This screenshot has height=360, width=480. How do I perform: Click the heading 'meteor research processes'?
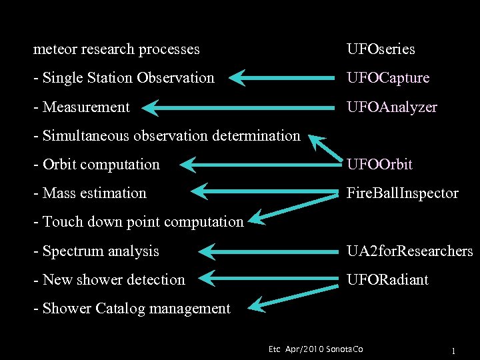(117, 49)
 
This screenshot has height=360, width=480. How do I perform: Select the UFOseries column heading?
(381, 49)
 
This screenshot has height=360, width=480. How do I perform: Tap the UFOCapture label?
(388, 78)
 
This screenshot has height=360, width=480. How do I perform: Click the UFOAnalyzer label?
(392, 107)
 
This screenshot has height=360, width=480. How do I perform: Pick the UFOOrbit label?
(380, 164)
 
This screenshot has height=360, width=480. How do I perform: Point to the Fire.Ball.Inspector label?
(403, 193)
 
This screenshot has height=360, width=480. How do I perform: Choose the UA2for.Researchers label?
(409, 251)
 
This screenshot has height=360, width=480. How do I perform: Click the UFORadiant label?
(387, 280)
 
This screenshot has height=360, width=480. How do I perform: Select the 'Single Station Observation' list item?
(124, 78)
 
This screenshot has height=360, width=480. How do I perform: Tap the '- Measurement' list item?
(81, 107)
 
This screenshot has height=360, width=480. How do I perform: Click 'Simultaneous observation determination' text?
(167, 135)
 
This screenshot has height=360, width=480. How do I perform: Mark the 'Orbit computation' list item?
(97, 164)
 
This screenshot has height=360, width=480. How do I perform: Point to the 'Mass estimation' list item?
(90, 193)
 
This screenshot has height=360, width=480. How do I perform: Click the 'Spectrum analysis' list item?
(97, 251)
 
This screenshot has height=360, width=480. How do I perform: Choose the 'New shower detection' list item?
(109, 280)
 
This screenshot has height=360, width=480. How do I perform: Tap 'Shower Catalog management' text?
(132, 309)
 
